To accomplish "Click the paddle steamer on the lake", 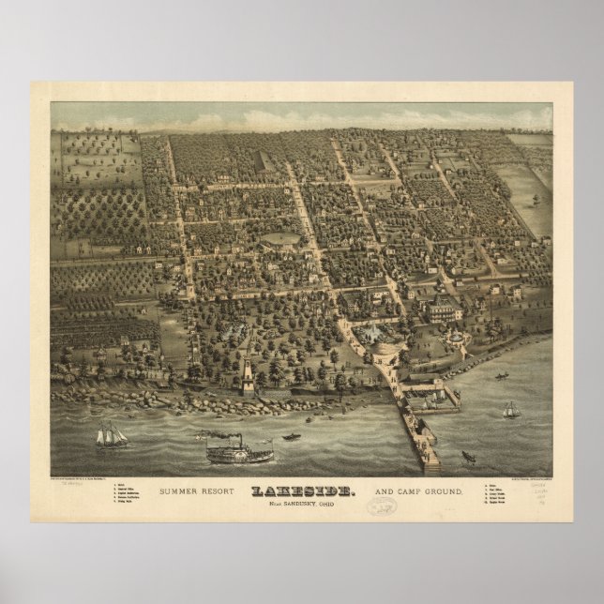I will [239, 453].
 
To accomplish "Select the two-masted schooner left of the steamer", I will [111, 435].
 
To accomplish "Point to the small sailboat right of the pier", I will [510, 410].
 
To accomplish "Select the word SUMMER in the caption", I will [182, 491].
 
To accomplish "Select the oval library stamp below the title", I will [380, 506].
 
